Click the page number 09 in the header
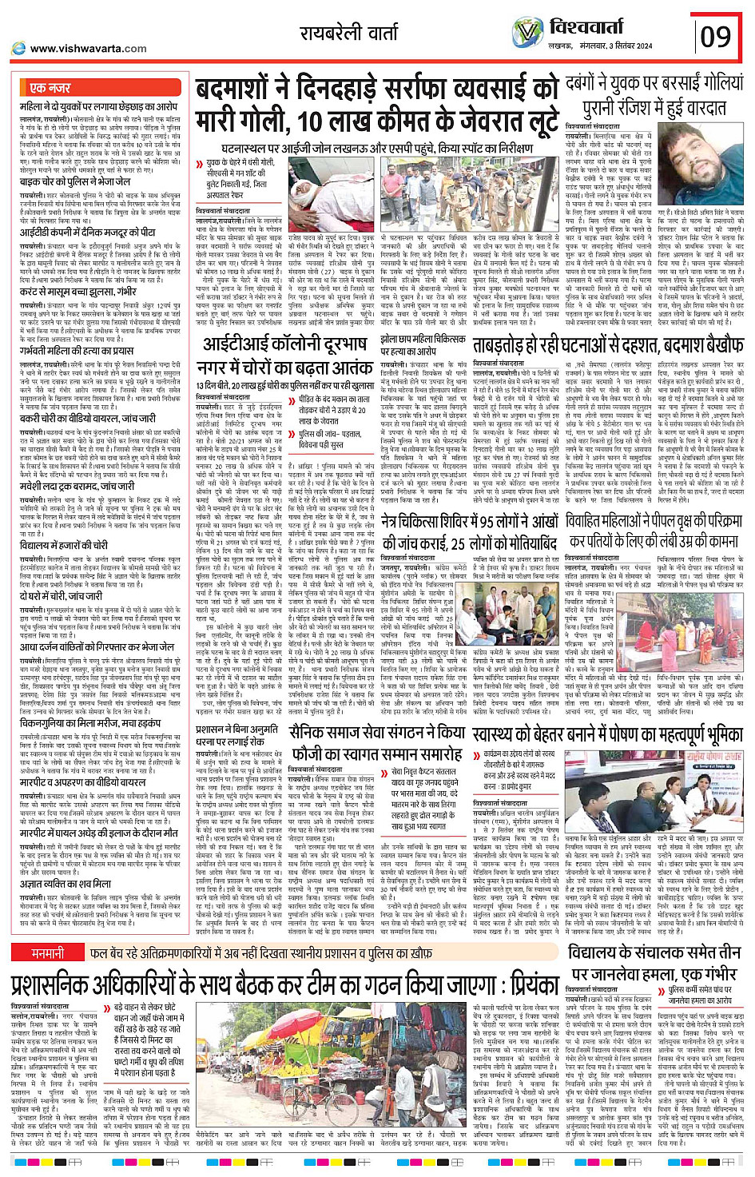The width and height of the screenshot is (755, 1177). pos(716,36)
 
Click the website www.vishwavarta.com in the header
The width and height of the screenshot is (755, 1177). pos(88,48)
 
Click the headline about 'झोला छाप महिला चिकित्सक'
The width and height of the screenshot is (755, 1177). pos(422,344)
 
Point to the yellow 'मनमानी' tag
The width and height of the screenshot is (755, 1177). pos(48,953)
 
